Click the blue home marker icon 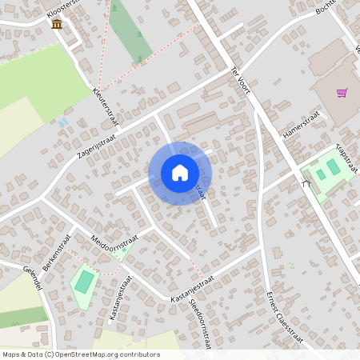click(x=179, y=173)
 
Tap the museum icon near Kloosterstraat click(x=57, y=24)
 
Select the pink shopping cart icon click(x=342, y=93)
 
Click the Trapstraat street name click(x=346, y=155)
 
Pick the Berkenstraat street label click(x=57, y=253)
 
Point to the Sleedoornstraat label click(x=199, y=323)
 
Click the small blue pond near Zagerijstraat click(x=62, y=123)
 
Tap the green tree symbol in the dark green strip click(x=140, y=35)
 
